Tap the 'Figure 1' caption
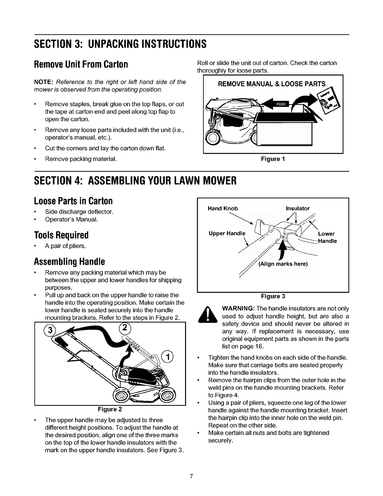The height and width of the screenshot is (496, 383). click(x=273, y=159)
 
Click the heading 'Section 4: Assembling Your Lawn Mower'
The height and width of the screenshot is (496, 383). click(x=135, y=180)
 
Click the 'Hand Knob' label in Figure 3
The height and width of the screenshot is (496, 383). click(x=223, y=209)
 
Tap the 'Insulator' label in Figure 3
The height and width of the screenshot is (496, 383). click(x=298, y=209)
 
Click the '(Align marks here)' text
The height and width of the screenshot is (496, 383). click(x=283, y=264)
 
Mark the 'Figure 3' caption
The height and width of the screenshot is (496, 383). click(x=273, y=296)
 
